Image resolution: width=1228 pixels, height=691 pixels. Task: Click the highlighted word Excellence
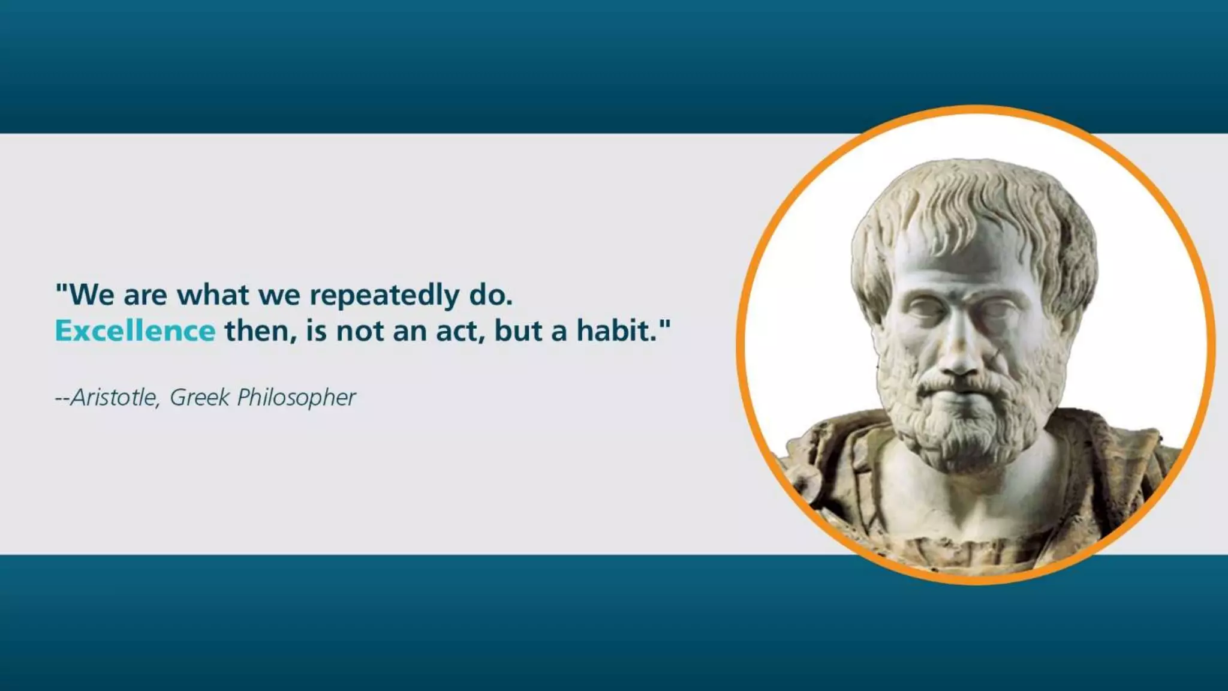click(x=135, y=331)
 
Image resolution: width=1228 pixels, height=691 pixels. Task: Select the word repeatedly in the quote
click(x=384, y=295)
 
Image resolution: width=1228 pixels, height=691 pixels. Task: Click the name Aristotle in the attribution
click(x=114, y=397)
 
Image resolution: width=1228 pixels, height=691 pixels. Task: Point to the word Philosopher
click(x=296, y=398)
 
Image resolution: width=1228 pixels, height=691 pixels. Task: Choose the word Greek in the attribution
click(x=200, y=397)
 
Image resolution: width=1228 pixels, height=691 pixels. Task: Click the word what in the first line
click(x=212, y=295)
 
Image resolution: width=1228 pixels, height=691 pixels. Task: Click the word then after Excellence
click(x=257, y=331)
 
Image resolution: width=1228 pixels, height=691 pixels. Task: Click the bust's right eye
click(x=926, y=309)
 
